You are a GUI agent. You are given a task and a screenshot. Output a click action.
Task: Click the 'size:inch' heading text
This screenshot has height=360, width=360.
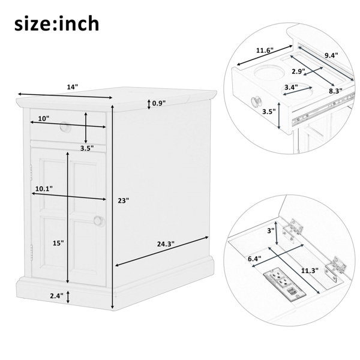point(57,23)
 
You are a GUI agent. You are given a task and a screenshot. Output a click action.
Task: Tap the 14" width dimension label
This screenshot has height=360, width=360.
point(73,87)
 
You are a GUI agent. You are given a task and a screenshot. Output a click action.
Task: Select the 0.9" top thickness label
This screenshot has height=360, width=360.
point(159,103)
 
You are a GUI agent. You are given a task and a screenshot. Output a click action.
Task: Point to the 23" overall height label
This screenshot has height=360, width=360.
point(124,200)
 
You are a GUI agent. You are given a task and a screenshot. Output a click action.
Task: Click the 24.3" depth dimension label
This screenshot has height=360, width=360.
point(166,244)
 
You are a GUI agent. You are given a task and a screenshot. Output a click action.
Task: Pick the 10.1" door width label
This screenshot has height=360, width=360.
point(44,189)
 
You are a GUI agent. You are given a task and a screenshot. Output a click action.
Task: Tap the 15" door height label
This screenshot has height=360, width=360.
point(58,243)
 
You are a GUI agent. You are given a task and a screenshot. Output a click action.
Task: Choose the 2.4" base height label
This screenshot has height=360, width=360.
point(57,296)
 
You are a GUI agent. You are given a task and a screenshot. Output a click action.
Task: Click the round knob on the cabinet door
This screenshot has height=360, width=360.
point(99,221)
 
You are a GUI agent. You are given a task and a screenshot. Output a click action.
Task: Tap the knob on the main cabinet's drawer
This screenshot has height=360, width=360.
point(65,127)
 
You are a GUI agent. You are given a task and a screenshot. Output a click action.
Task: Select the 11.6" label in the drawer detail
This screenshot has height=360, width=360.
point(265,50)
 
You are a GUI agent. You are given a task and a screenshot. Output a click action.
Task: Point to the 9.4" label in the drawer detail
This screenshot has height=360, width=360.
point(331,55)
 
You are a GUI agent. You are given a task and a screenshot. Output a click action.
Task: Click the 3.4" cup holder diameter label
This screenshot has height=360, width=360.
point(291,87)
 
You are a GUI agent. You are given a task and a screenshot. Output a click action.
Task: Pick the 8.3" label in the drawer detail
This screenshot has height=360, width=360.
point(335,91)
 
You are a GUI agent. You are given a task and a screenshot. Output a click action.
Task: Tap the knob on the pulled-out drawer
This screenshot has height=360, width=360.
point(256,102)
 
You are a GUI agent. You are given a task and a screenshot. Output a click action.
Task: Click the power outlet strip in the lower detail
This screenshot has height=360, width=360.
point(284,284)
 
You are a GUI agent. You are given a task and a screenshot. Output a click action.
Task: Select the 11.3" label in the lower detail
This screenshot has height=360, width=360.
point(310,271)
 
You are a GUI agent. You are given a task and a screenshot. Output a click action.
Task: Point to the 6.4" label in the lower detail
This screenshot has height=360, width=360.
point(254,259)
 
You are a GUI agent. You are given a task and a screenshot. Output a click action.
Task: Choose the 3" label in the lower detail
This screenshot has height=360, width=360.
point(271,230)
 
